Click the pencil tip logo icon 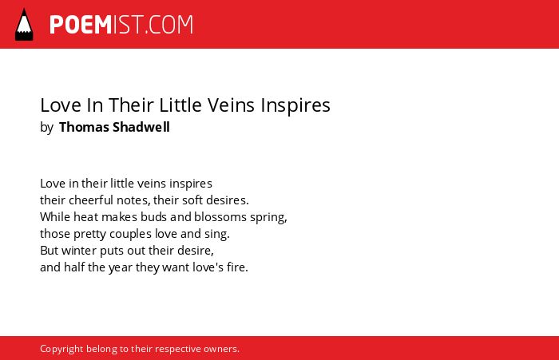(x=24, y=25)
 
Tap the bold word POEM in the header (x=81, y=25)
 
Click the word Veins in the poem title (x=231, y=105)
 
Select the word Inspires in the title (x=295, y=106)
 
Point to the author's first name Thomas (x=84, y=127)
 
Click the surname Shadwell (x=141, y=127)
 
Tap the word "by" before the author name (x=46, y=128)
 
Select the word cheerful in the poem (x=91, y=200)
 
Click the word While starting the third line (x=55, y=216)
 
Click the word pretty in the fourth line (x=89, y=235)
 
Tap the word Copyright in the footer (x=61, y=349)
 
